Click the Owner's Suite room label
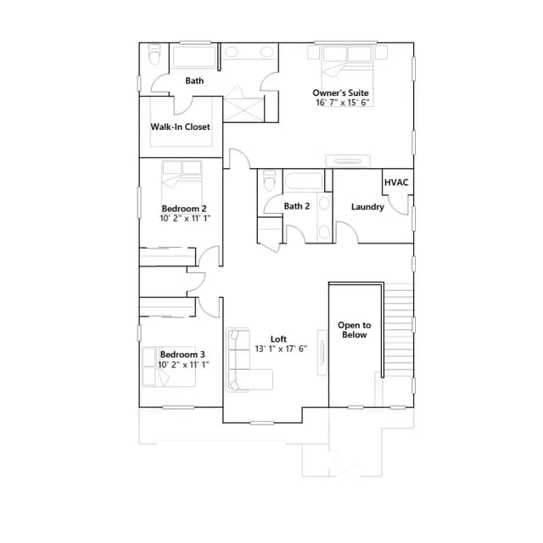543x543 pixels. tap(340, 92)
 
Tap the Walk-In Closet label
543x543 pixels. tap(180, 126)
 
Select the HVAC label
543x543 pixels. tap(396, 182)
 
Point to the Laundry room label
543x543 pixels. tap(367, 207)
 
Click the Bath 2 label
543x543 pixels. tap(297, 206)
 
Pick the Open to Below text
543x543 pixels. tap(355, 330)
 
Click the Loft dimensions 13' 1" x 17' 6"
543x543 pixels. tap(281, 349)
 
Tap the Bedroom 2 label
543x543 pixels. tap(184, 209)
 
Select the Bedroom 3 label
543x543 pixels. tap(182, 355)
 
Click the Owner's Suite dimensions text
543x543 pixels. tap(343, 103)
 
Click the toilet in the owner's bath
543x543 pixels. tap(154, 54)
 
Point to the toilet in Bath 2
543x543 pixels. tap(270, 180)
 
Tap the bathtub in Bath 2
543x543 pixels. tap(304, 181)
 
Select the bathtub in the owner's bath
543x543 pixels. tap(194, 56)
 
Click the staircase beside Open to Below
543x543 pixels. tap(399, 344)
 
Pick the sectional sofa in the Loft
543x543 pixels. tap(244, 360)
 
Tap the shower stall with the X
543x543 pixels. tap(244, 109)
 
